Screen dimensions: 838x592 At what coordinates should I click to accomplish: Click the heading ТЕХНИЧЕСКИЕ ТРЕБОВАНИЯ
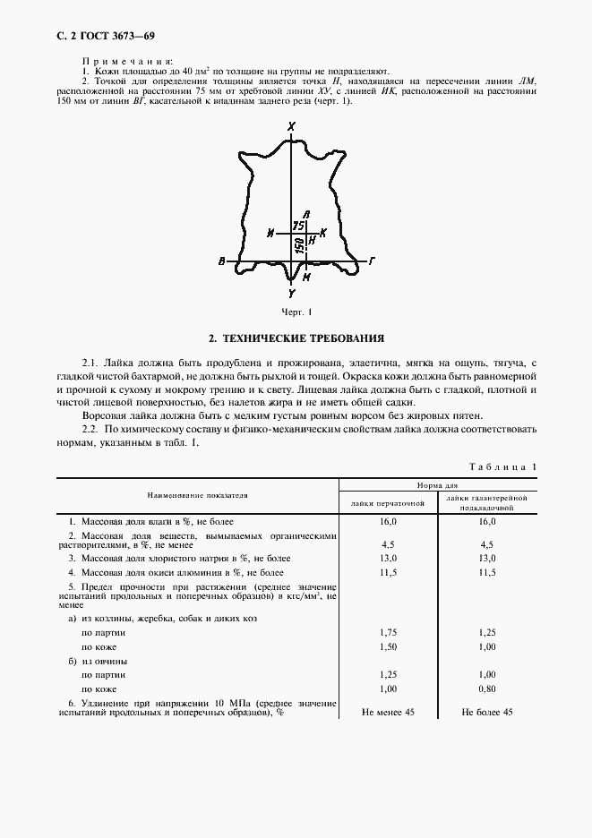(296, 338)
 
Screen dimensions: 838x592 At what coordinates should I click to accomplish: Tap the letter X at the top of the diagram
(292, 128)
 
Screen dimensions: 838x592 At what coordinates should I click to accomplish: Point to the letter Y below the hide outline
(292, 293)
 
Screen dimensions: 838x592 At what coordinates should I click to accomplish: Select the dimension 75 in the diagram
(298, 227)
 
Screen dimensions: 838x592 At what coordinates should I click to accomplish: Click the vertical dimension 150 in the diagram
(297, 245)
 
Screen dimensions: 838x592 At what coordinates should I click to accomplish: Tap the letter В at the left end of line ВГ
(221, 263)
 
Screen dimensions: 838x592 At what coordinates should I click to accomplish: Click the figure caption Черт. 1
(296, 312)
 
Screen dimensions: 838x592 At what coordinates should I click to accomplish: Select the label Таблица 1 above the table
(503, 467)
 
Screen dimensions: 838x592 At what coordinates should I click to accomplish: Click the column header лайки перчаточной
(387, 502)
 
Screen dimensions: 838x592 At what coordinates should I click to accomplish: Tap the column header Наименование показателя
(198, 494)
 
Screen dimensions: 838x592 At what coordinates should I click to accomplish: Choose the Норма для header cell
(436, 485)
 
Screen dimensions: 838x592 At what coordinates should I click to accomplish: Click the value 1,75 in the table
(388, 632)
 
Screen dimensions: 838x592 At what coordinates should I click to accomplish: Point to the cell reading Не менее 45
(387, 712)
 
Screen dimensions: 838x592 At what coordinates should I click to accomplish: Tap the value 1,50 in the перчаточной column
(388, 646)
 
